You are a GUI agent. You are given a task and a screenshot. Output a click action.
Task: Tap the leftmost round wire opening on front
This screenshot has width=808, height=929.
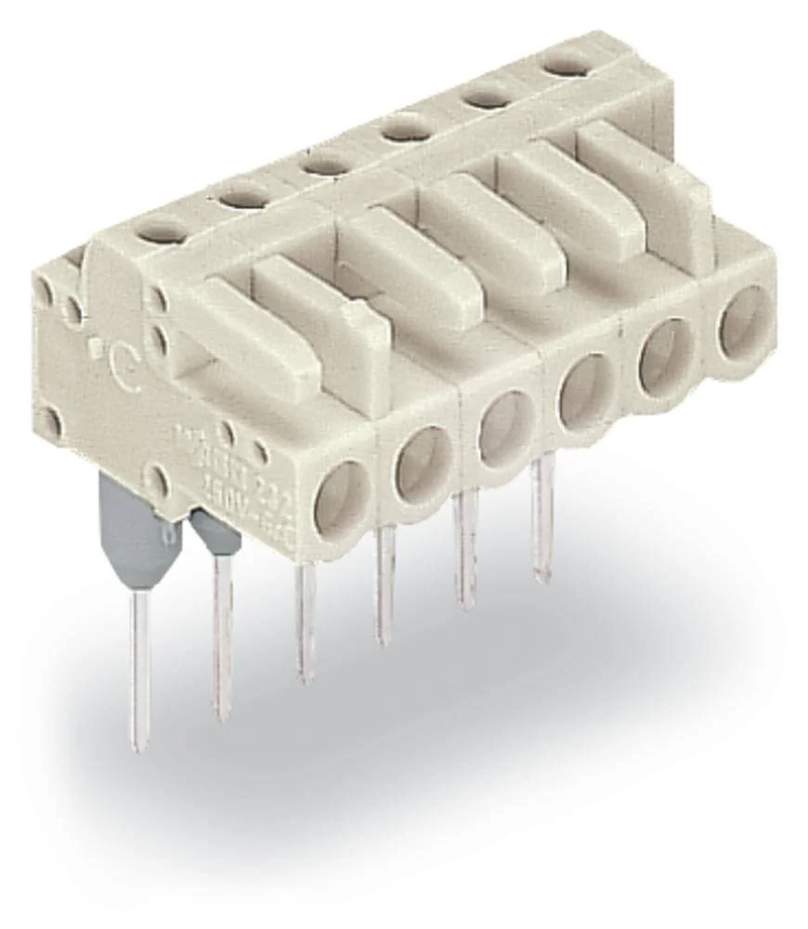click(x=341, y=500)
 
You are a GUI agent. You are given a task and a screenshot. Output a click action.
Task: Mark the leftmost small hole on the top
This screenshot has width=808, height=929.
click(x=163, y=229)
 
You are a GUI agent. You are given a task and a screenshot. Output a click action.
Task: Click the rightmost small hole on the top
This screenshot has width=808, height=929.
click(x=566, y=65)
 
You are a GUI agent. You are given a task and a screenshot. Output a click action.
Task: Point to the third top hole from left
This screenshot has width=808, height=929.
click(x=324, y=164)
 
